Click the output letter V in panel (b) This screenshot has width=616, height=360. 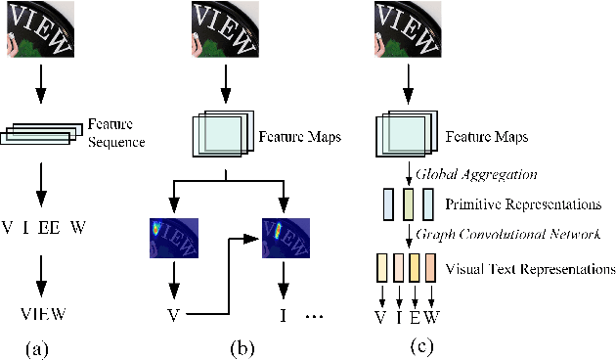pyautogui.click(x=173, y=314)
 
